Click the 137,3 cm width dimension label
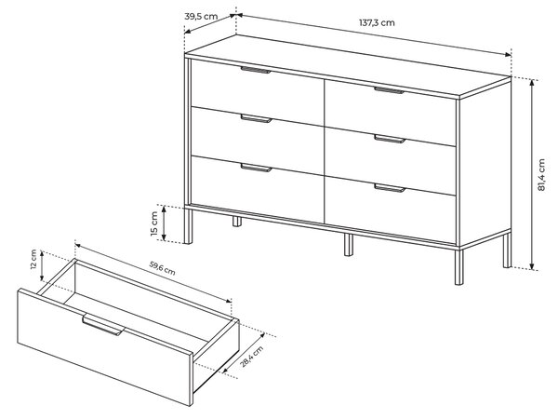coord(377,22)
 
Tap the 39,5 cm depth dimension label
coord(201,17)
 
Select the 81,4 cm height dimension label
coord(541,175)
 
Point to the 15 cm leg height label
coord(154,223)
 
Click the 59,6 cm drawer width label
coord(162,268)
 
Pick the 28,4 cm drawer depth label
coord(252,356)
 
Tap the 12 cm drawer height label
coord(33,259)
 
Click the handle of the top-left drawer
coord(256,70)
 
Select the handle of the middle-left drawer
coord(257,118)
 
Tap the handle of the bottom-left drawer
coord(257,168)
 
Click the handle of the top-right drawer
coord(389,90)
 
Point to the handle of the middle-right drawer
coord(390,139)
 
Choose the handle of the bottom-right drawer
coord(390,188)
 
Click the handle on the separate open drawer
coord(103,325)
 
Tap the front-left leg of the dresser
coord(188,226)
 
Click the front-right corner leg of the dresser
coord(459,266)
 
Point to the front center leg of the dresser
coord(349,245)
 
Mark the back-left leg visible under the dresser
coord(237,221)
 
